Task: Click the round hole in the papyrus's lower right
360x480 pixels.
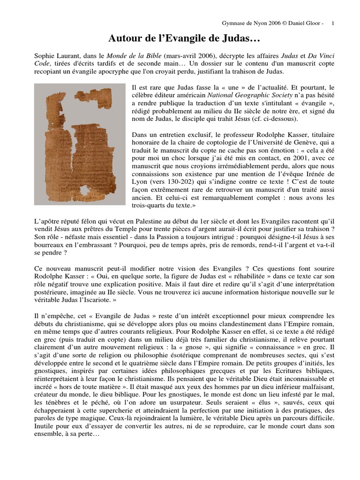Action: point(108,179)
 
